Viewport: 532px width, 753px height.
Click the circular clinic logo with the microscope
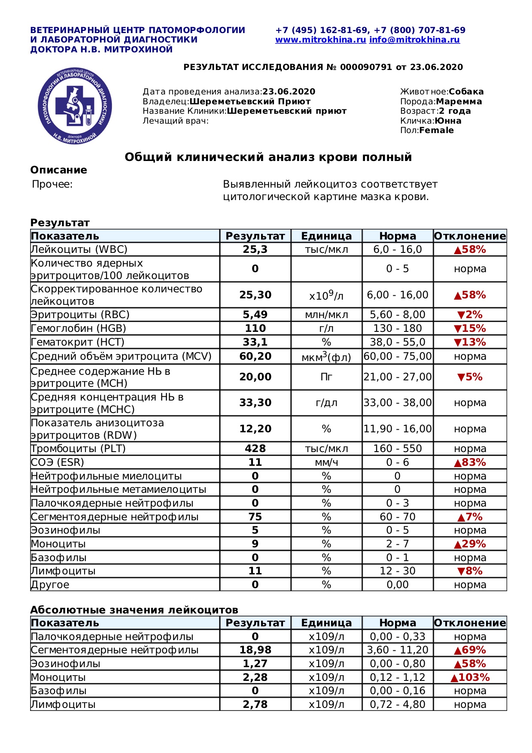(x=75, y=106)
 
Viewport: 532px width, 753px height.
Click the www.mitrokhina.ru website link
(x=320, y=40)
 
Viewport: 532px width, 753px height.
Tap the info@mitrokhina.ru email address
(x=414, y=40)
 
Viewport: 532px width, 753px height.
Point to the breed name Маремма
(x=459, y=102)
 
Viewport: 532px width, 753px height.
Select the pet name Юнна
(x=448, y=121)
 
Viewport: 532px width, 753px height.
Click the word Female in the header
(x=436, y=131)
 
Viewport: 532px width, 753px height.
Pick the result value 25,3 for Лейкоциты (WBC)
(x=255, y=249)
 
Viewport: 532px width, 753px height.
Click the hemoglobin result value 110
(x=255, y=328)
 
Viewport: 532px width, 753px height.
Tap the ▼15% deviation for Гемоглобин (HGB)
(x=470, y=328)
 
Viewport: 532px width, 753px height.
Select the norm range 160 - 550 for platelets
(x=398, y=449)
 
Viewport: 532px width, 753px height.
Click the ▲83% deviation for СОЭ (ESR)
(x=470, y=462)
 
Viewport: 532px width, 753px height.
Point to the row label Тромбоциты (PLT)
(x=78, y=449)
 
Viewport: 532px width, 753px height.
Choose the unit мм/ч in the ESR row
(x=326, y=462)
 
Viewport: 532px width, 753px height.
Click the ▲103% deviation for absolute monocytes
(x=470, y=677)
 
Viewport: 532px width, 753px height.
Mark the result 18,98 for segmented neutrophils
(x=255, y=650)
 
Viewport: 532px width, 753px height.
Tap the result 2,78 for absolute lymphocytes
(x=255, y=704)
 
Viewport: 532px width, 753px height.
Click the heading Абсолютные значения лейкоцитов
(x=134, y=610)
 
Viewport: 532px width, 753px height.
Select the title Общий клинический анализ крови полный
(x=268, y=157)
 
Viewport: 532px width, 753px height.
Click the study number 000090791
(x=366, y=67)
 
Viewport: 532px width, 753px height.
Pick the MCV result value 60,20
(x=255, y=356)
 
